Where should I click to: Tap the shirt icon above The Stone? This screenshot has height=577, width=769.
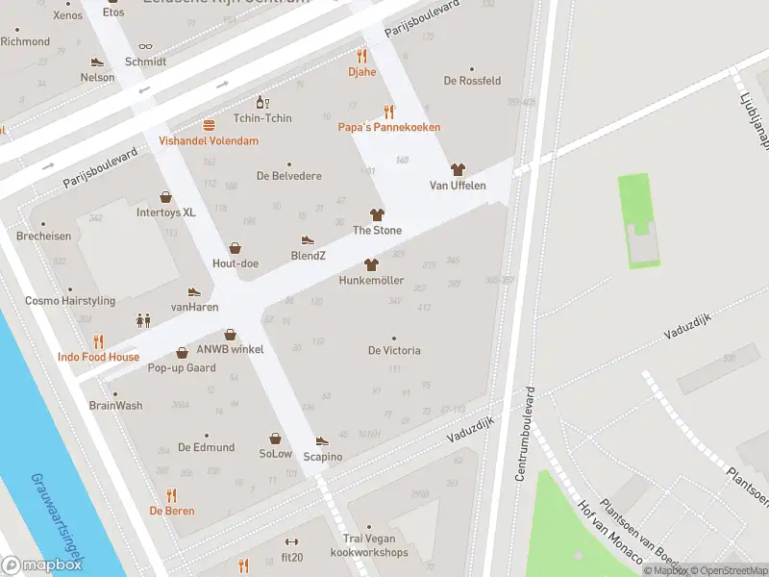coord(377,214)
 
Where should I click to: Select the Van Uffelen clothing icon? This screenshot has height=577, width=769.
coord(458,169)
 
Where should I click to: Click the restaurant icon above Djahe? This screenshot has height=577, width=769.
coord(362,56)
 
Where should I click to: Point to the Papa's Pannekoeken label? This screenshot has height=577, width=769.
coord(388,127)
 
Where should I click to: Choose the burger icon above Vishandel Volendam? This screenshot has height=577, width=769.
coord(209,125)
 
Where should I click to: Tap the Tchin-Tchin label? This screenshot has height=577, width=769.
coord(262,118)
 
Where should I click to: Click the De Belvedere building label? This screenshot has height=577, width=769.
coord(288,176)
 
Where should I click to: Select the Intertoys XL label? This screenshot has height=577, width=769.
coord(165,212)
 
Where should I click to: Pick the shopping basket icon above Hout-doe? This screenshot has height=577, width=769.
coord(236,247)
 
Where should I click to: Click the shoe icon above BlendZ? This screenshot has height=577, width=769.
coord(308,239)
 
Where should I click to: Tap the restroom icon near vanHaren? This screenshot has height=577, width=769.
coord(143,320)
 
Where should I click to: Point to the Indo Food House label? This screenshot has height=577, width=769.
coord(98,357)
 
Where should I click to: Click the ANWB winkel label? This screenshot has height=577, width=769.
coord(230,349)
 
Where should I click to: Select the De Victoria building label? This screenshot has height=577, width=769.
coord(394,350)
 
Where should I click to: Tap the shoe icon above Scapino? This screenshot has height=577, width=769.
coord(322,440)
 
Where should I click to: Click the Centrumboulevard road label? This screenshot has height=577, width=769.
coord(525,437)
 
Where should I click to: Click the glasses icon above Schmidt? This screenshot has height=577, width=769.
coord(145,46)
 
